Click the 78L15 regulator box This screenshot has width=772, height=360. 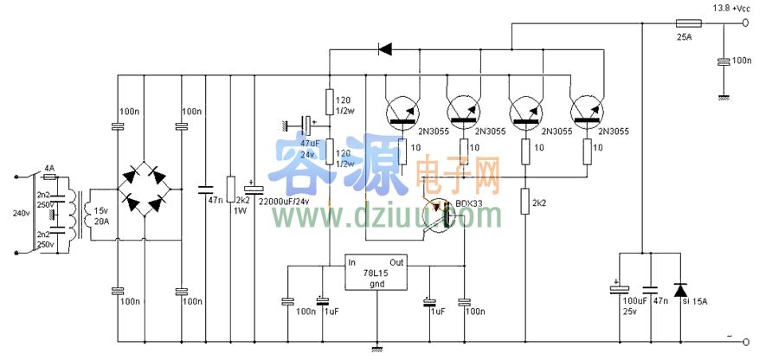pyautogui.click(x=377, y=273)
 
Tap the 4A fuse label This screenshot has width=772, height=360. pyautogui.click(x=48, y=167)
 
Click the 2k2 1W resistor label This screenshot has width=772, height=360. pyautogui.click(x=241, y=205)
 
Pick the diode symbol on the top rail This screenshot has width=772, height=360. pyautogui.click(x=384, y=49)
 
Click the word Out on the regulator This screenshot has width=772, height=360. pyautogui.click(x=397, y=262)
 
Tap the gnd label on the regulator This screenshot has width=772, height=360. pyautogui.click(x=377, y=283)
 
